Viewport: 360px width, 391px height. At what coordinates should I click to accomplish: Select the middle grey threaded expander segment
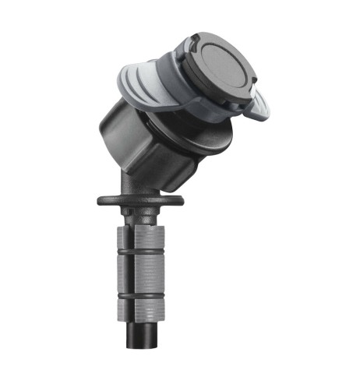click(140, 273)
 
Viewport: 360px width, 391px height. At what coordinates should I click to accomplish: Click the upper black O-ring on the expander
click(140, 253)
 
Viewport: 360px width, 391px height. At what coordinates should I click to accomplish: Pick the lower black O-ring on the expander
click(140, 294)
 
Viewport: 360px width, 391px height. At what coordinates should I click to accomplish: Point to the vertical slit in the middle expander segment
click(141, 273)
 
